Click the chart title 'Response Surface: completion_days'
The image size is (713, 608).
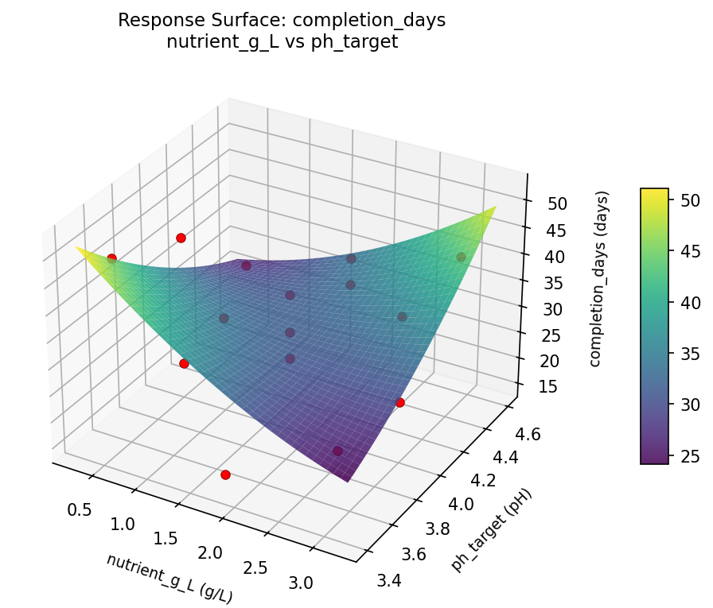pyautogui.click(x=282, y=21)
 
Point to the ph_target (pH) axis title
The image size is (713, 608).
pyautogui.click(x=491, y=529)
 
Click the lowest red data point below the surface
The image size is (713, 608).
pyautogui.click(x=225, y=474)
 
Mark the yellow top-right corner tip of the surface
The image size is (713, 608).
pyautogui.click(x=496, y=207)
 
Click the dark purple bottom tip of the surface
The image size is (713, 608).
pyautogui.click(x=348, y=481)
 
